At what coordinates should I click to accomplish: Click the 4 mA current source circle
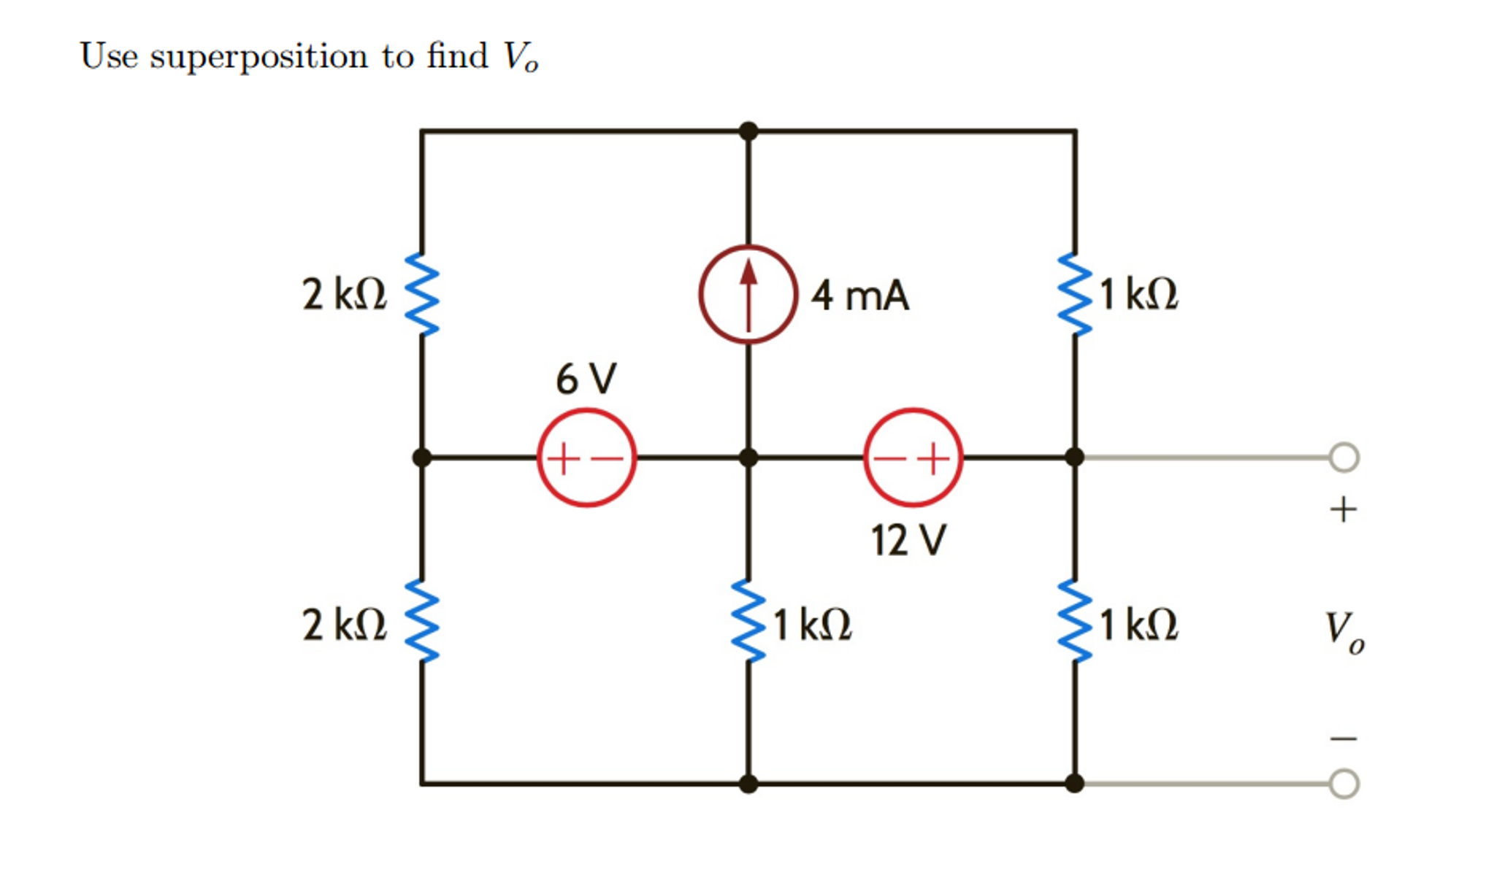tap(747, 294)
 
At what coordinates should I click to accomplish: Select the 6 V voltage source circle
tap(586, 458)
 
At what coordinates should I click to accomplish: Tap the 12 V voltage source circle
tap(913, 458)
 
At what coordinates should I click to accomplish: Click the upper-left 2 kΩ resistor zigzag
tap(422, 294)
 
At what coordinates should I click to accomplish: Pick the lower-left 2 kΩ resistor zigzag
tap(422, 621)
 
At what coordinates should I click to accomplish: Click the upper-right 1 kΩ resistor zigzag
tap(1075, 294)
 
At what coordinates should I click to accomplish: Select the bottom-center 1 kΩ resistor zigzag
tap(748, 621)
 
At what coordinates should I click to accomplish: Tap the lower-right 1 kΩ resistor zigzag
tap(1075, 621)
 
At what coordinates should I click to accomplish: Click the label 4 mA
tap(859, 296)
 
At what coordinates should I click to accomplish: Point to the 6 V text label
tap(586, 379)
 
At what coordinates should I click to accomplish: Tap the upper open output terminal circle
tap(1344, 458)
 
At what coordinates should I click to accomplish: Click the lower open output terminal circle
tap(1344, 784)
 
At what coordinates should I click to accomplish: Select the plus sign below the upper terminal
tap(1343, 509)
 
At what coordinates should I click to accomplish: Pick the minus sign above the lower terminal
tap(1343, 739)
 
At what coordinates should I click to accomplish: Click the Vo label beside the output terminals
tap(1344, 631)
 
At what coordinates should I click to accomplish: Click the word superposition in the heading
tap(259, 57)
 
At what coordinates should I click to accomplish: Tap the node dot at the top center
tap(748, 131)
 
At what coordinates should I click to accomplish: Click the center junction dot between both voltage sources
tap(748, 458)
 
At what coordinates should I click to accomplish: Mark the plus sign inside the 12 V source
tap(933, 459)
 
